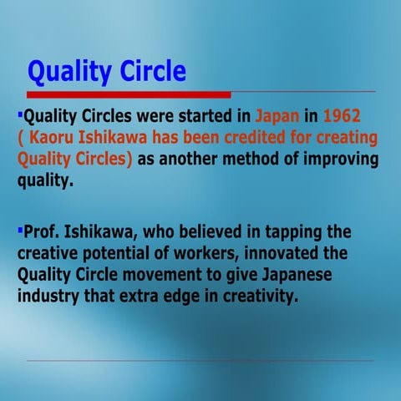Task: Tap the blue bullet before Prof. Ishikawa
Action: [20, 227]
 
